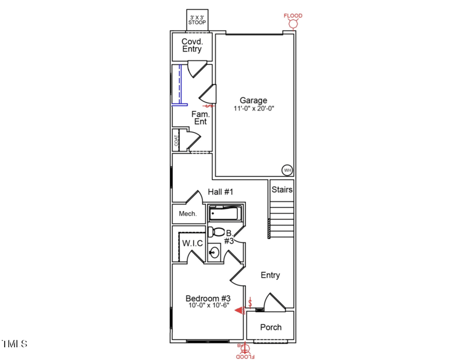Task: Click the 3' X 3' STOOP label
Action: [x=196, y=20]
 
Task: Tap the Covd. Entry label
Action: [x=192, y=45]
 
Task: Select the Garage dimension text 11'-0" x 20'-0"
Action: [x=253, y=108]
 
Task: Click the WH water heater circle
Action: [x=287, y=170]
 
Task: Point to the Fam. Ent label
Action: [x=200, y=118]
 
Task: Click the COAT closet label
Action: [x=176, y=141]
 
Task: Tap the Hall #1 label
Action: [x=220, y=192]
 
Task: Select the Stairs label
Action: [x=282, y=190]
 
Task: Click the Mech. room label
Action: [x=187, y=214]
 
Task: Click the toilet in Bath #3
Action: [x=216, y=232]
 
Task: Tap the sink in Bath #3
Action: [x=214, y=253]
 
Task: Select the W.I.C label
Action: [x=193, y=243]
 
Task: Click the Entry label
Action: [x=270, y=275]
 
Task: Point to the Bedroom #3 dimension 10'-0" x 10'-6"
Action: [x=208, y=305]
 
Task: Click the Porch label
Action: [x=270, y=327]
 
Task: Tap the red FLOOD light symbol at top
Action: [x=293, y=21]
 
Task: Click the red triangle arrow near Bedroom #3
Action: [x=238, y=310]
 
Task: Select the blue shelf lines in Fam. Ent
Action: [x=180, y=86]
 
